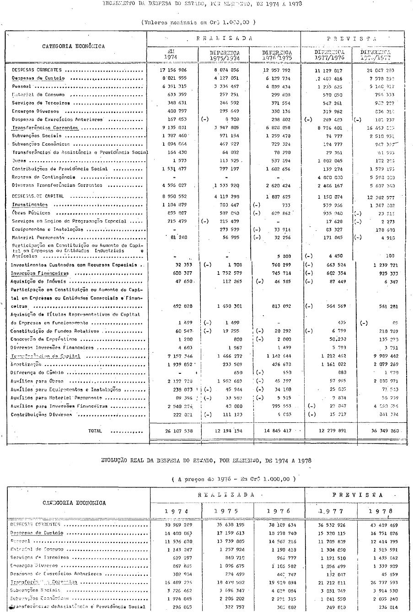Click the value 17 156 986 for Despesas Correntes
click(x=172, y=71)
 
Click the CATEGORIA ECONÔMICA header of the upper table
click(x=74, y=46)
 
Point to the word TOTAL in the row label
click(x=95, y=431)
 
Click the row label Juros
click(x=18, y=161)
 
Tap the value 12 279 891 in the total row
click(x=327, y=431)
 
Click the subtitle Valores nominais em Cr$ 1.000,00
click(x=198, y=22)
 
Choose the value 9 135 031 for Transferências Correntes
click(x=172, y=128)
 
